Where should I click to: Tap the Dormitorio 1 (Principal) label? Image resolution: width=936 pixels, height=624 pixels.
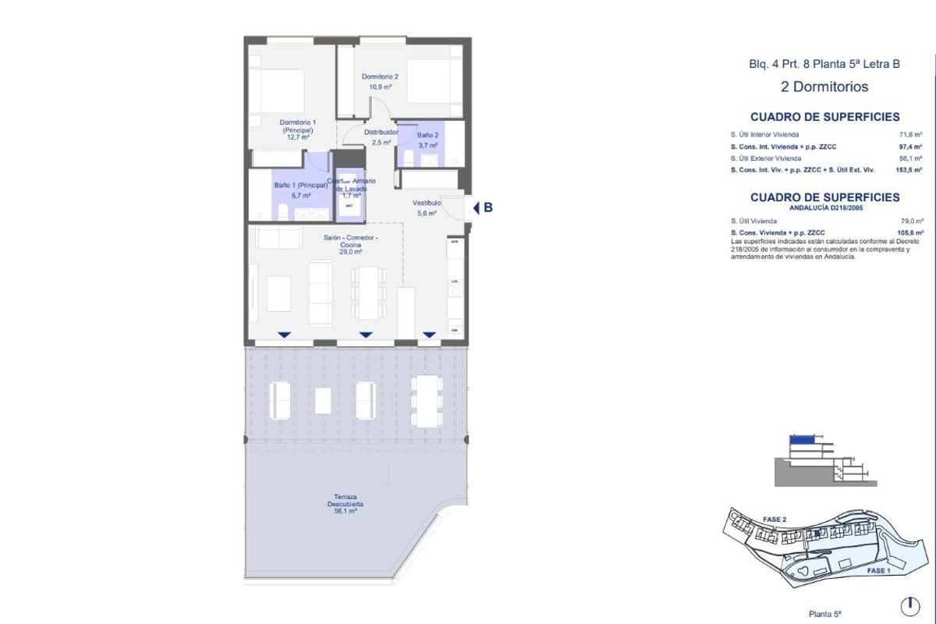tap(298, 129)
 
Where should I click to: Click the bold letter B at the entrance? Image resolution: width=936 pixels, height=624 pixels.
tap(488, 207)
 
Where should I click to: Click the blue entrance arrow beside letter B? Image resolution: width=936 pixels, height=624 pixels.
tap(476, 207)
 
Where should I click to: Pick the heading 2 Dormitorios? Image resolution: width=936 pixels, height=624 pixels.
tap(824, 87)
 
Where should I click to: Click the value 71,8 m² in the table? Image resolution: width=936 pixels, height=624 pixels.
tap(911, 135)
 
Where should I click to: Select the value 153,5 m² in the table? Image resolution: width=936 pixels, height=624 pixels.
tap(909, 169)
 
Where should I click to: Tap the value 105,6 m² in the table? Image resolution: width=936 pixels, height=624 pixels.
tap(910, 232)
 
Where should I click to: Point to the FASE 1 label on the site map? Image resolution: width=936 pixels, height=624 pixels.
tap(877, 571)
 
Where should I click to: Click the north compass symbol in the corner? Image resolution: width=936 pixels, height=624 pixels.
tap(909, 605)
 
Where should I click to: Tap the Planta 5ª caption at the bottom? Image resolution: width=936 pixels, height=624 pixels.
tap(824, 614)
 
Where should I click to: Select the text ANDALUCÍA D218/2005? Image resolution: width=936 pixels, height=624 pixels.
tap(824, 208)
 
